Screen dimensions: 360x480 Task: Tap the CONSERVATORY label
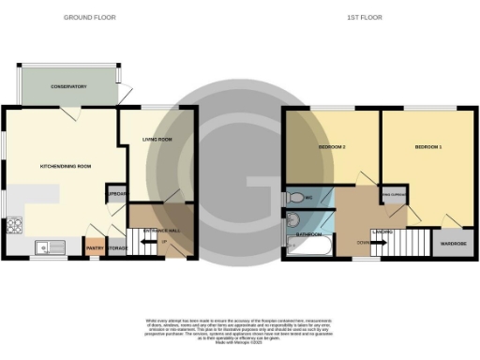(x=68, y=86)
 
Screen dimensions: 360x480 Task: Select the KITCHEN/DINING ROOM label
(x=65, y=166)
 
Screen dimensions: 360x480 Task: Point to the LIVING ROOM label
(x=157, y=140)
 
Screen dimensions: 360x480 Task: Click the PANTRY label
(x=95, y=248)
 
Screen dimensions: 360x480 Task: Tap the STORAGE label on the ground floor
(x=116, y=248)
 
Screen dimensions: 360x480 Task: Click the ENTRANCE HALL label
(x=160, y=230)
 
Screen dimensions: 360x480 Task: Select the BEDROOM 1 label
(x=427, y=148)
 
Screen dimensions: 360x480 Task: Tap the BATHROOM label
(x=310, y=233)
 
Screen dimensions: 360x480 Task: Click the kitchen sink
(x=47, y=247)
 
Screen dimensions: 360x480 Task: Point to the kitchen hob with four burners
(x=15, y=225)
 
